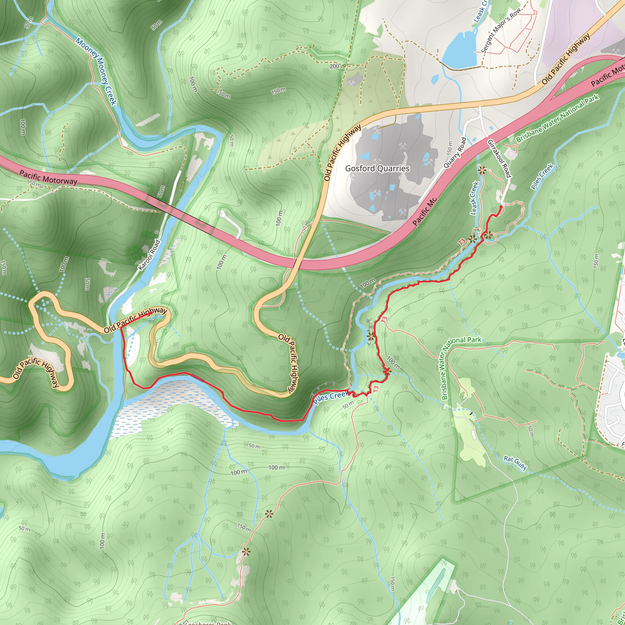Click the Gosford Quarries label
[377, 168]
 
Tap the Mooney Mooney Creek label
[96, 71]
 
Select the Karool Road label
[149, 255]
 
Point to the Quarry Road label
[455, 153]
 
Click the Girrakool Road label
[499, 158]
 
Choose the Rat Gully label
[515, 463]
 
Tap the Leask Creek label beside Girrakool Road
[474, 198]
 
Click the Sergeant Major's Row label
[501, 30]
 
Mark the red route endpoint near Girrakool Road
[501, 207]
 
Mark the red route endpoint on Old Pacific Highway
[151, 313]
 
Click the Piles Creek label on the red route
[330, 397]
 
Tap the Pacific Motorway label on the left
[48, 177]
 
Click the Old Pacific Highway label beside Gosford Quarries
[342, 153]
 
